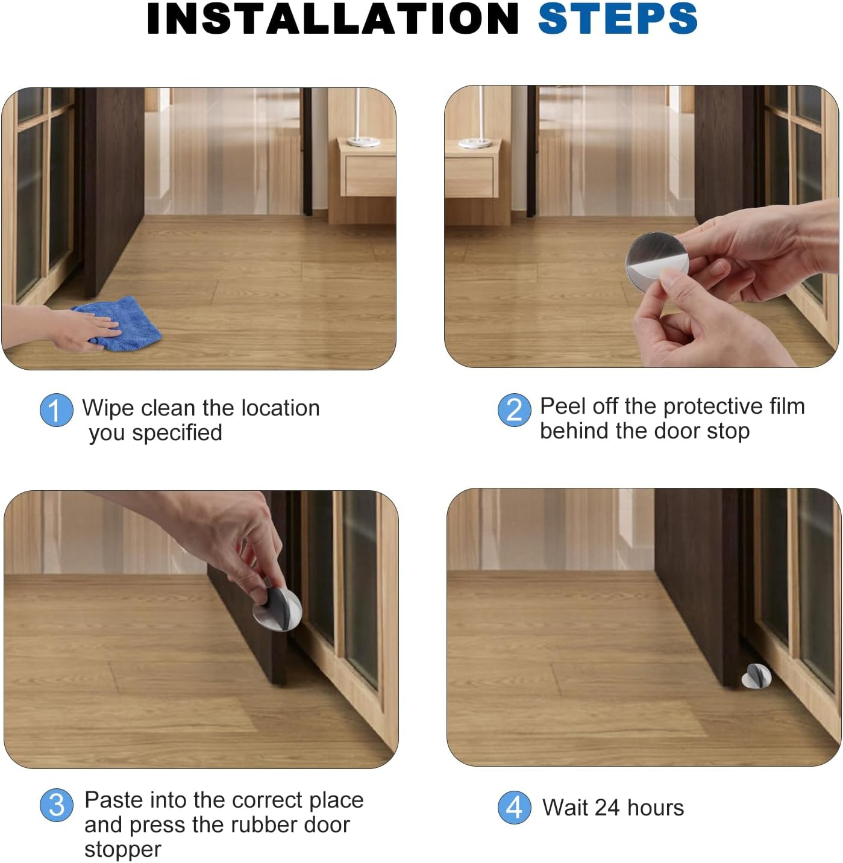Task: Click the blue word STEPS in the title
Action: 617,19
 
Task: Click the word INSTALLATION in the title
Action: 333,19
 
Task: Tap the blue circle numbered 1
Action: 56,410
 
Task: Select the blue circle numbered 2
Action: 514,410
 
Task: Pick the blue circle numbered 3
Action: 56,805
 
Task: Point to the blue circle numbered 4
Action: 514,807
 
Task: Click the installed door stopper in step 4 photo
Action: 756,676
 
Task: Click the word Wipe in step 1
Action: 107,408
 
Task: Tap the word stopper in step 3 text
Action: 123,850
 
